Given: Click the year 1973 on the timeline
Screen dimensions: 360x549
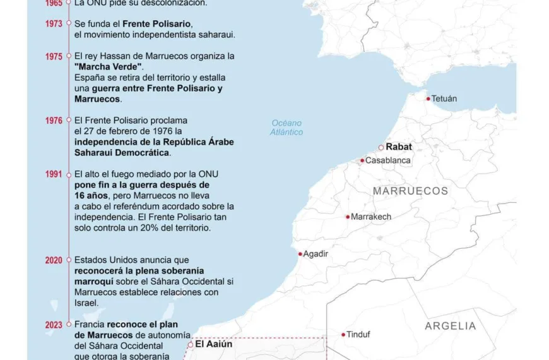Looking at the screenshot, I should [x=54, y=23].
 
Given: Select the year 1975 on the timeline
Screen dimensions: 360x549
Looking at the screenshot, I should [x=54, y=56].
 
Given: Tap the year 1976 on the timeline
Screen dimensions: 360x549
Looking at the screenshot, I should [x=54, y=120].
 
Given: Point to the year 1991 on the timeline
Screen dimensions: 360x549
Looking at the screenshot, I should [x=54, y=174].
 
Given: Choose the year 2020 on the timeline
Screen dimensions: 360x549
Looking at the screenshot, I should [x=54, y=260].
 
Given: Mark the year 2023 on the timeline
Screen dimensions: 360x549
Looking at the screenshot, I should [x=54, y=325].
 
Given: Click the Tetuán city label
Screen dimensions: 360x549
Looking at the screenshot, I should [x=444, y=99].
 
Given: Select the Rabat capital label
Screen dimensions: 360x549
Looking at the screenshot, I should [x=399, y=147].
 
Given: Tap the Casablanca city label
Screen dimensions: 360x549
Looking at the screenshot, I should [x=388, y=160].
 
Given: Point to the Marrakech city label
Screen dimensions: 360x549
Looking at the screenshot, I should [x=371, y=217].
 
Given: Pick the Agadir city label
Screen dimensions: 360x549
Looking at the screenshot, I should [x=316, y=254].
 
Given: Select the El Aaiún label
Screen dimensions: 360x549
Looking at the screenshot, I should [x=213, y=344].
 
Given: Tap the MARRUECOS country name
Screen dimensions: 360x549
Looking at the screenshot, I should [x=410, y=191].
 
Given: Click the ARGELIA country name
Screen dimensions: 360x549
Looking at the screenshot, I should [x=450, y=326].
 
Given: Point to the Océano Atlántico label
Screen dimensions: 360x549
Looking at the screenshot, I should [x=286, y=128].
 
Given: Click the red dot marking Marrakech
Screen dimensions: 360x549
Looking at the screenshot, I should [x=347, y=217].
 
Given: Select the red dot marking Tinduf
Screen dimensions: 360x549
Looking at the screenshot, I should [x=343, y=335].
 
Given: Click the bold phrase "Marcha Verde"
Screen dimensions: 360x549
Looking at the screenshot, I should [x=109, y=67].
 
